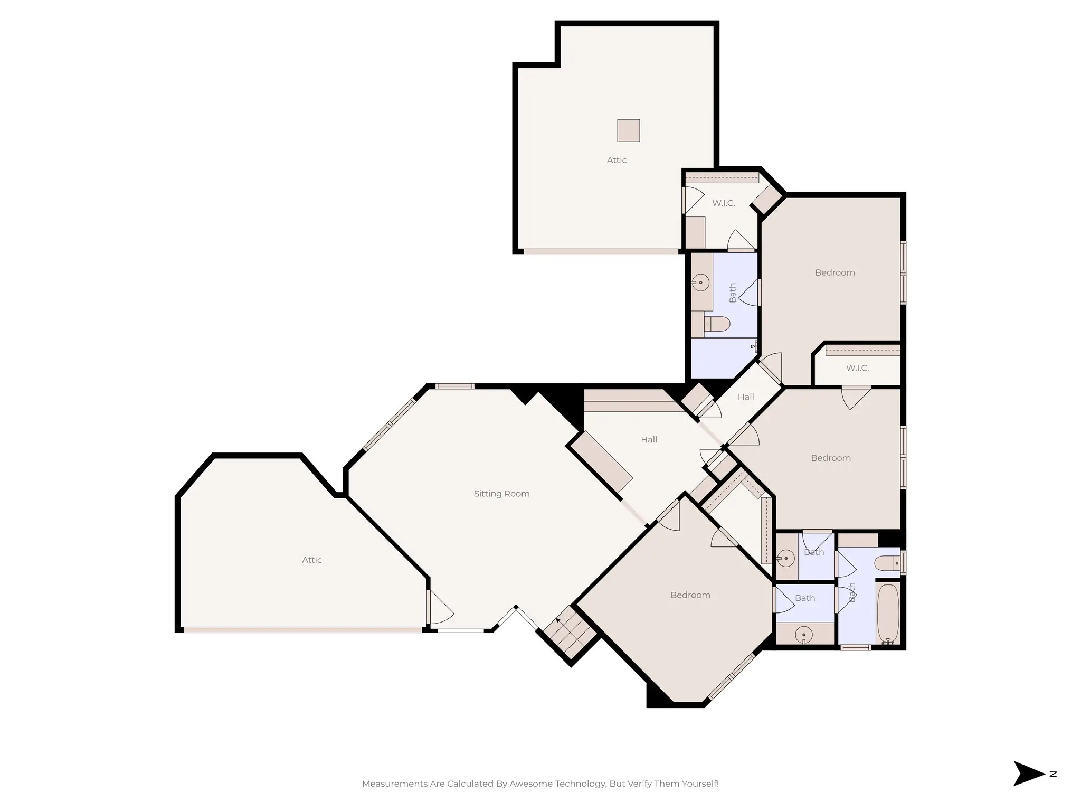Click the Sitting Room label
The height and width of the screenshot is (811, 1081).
(501, 494)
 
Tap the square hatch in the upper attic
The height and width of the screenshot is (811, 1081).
(628, 130)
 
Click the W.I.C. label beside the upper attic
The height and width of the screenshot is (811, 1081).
(723, 203)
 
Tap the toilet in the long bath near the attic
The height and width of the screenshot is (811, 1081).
(718, 323)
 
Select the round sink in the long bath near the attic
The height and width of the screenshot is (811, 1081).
(700, 282)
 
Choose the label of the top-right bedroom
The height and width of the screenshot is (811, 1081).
(835, 272)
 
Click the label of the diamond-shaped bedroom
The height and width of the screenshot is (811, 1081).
(690, 595)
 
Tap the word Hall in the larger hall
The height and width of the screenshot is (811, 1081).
(649, 439)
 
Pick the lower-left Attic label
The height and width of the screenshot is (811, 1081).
(311, 560)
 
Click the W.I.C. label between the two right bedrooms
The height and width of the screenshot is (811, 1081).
(857, 368)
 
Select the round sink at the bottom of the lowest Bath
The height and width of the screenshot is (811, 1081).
(803, 635)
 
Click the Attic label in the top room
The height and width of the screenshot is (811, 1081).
(617, 160)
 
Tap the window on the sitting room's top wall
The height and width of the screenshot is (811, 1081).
(454, 386)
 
